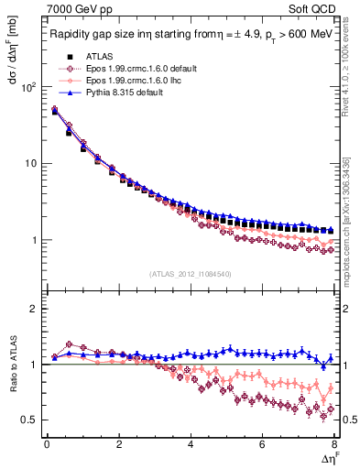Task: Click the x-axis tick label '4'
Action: [191, 444]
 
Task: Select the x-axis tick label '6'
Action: [262, 444]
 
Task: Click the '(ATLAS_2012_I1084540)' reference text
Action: [189, 273]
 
